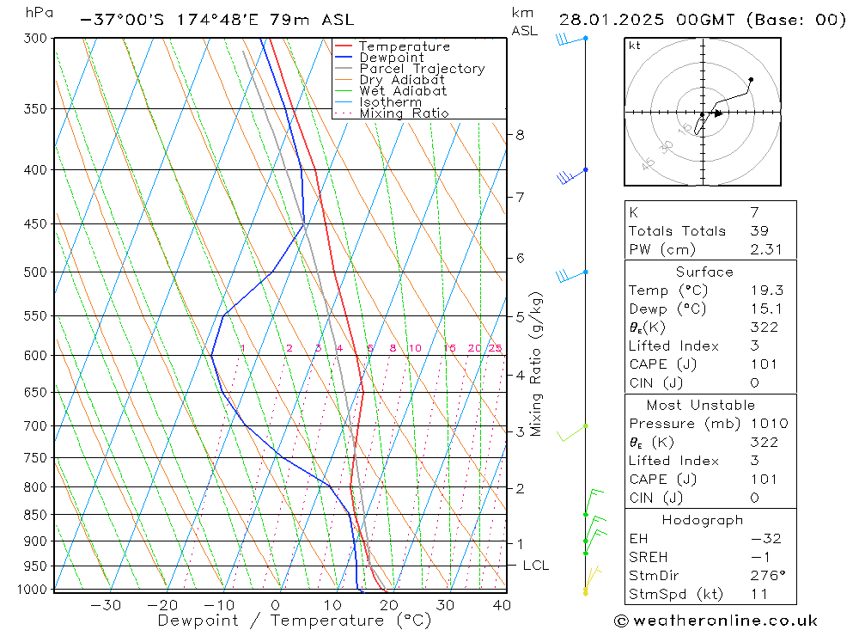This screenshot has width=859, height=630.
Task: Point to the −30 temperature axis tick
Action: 105,605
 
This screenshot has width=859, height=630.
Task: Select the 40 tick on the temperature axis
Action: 502,605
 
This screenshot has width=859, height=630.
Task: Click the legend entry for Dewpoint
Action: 391,58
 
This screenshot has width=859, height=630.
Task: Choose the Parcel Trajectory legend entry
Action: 422,69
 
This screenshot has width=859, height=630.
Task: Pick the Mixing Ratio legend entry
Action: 404,113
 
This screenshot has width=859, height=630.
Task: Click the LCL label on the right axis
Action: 535,566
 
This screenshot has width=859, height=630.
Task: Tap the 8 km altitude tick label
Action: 520,135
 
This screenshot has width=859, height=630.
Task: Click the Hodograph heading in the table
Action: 703,520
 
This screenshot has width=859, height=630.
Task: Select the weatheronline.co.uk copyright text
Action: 716,621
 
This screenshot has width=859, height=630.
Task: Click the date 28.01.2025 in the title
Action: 611,20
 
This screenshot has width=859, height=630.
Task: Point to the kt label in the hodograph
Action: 635,46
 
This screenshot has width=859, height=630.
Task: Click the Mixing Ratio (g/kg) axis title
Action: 537,364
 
